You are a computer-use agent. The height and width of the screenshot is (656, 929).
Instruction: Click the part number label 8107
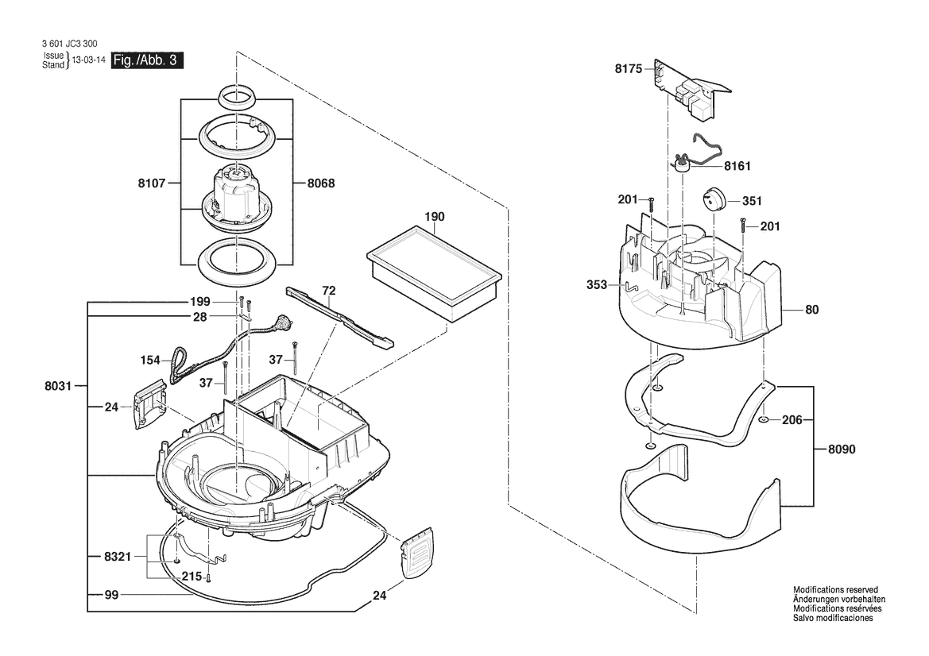151,183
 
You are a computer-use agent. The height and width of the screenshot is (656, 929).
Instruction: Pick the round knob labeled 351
713,198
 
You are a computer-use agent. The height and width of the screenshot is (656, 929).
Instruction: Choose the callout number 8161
737,167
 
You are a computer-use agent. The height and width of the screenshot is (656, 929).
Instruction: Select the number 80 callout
811,310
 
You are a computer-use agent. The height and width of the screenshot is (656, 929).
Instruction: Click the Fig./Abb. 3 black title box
144,61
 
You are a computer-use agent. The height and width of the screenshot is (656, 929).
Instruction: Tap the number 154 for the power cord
150,360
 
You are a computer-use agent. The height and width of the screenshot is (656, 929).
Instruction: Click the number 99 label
112,594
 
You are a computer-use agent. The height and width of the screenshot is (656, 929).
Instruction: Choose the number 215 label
192,577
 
